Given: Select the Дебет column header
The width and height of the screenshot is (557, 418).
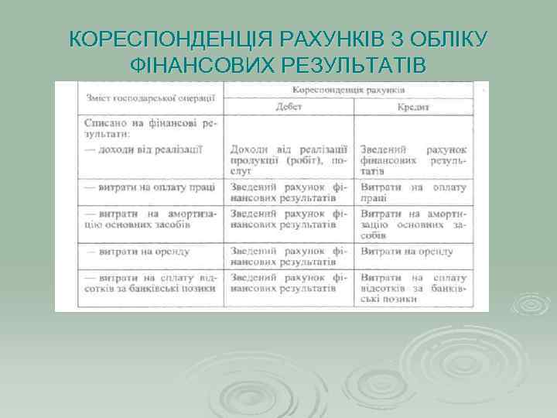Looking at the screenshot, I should [x=288, y=107].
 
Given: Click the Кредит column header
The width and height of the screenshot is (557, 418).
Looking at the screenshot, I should [x=413, y=108].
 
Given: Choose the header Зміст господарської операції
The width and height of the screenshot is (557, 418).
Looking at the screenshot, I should [x=149, y=98].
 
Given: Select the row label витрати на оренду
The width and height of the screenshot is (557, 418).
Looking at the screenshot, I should [x=139, y=252].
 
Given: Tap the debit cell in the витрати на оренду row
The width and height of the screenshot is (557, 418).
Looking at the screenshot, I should [x=288, y=257].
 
